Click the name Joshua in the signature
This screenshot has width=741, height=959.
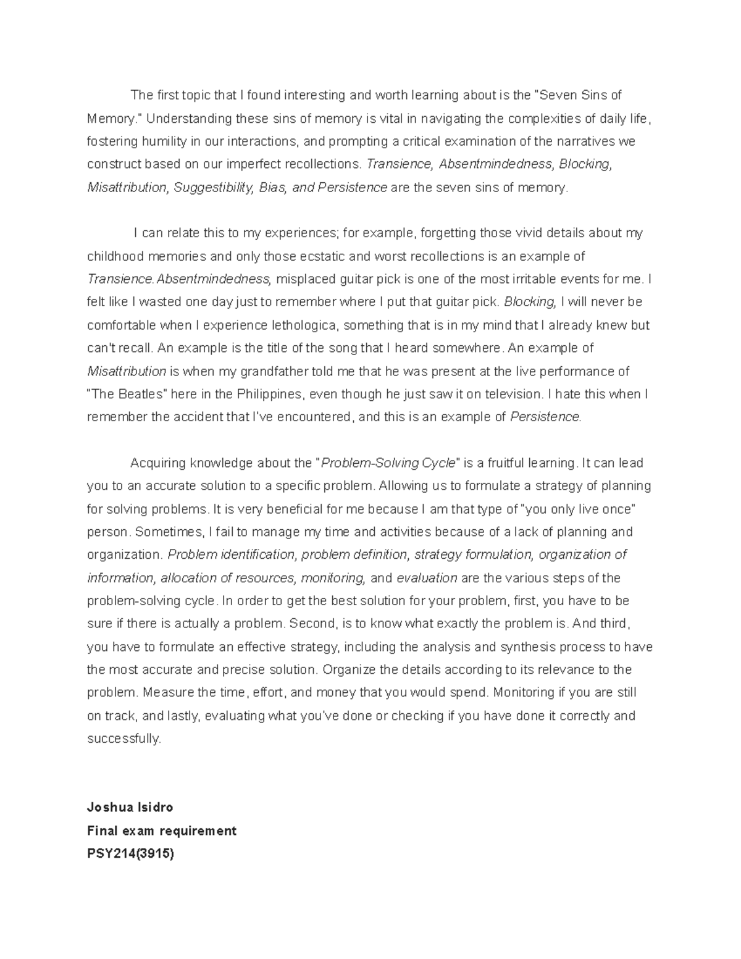coord(107,807)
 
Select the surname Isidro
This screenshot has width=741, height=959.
coord(153,807)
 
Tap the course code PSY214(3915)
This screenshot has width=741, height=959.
coord(131,854)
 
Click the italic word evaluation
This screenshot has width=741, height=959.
coord(427,578)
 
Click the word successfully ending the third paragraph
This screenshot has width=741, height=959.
coord(124,739)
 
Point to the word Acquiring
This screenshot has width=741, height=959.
coord(157,463)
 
